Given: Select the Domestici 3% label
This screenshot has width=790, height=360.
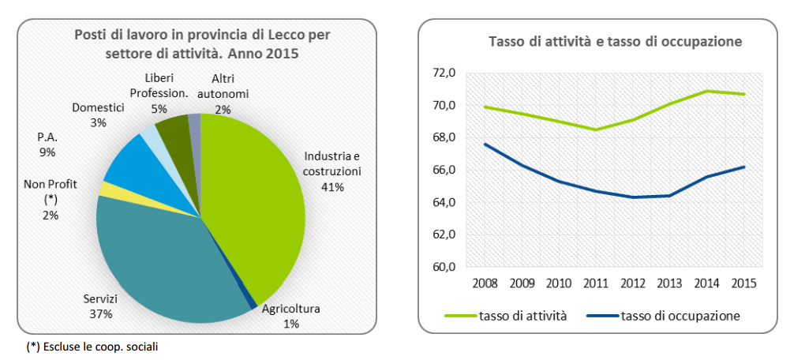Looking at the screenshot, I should [x=98, y=115].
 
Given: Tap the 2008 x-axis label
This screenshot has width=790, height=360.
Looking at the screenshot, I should [x=485, y=283].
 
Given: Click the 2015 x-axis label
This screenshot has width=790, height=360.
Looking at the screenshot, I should [x=743, y=283].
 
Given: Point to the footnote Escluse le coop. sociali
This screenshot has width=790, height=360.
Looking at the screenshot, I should [x=87, y=347].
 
